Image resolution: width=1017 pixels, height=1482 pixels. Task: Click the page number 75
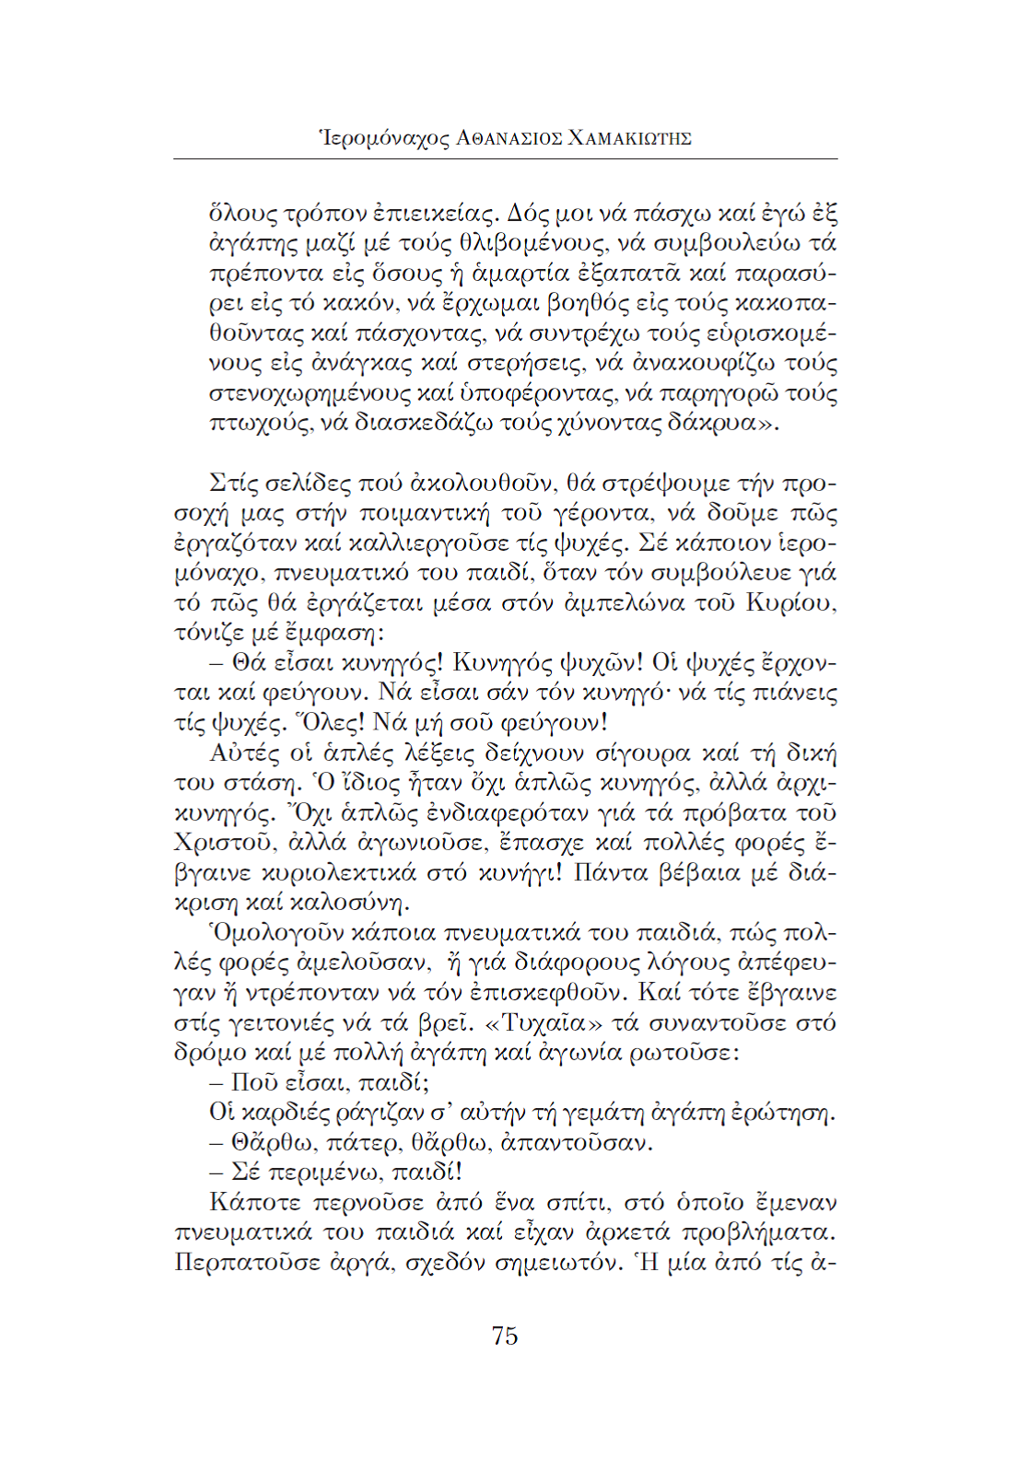coord(505,1336)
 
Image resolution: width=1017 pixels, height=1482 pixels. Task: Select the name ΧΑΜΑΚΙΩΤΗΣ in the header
coord(630,139)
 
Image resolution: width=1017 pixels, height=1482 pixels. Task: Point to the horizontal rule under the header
coord(505,159)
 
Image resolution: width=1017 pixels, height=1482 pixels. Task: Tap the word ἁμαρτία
coord(520,274)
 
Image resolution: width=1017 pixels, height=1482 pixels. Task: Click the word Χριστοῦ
coord(227,844)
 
